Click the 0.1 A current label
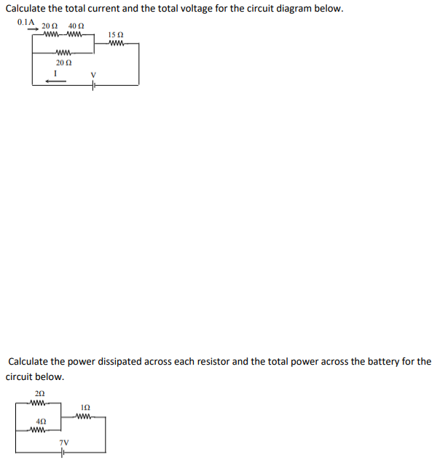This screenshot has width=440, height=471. coord(25,22)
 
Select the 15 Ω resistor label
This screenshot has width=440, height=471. coord(115,35)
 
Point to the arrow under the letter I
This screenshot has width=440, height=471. coord(55,82)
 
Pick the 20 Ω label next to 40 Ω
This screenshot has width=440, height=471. coord(50,26)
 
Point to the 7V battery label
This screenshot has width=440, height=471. coord(64,442)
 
